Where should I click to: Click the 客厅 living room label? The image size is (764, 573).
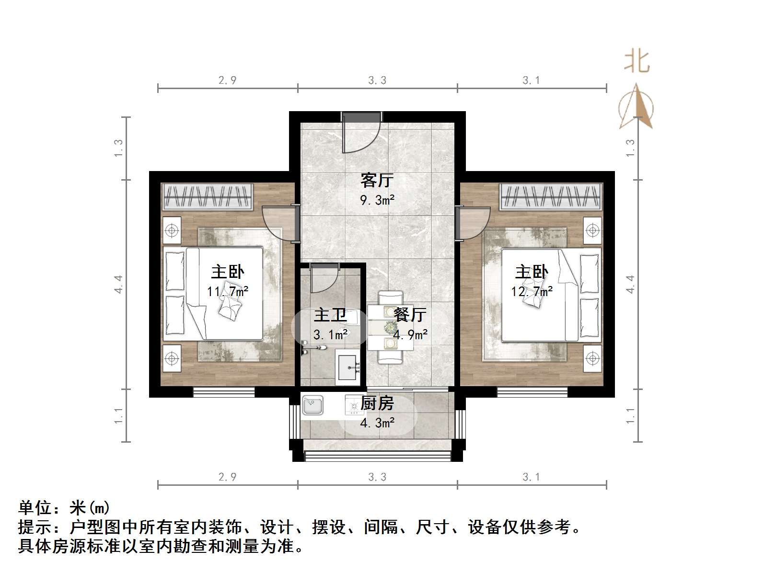pos(377,181)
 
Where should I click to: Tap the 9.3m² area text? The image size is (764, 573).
pos(377,200)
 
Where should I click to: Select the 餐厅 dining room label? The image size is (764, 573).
pos(410,315)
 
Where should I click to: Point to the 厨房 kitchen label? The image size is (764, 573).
pos(377,403)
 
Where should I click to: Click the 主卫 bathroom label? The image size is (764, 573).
pos(330,315)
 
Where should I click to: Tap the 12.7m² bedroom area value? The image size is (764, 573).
pos(532,291)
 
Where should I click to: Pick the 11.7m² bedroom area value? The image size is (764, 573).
pos(228,291)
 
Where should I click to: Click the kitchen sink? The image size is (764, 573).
pos(313,405)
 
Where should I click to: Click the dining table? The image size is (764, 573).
pos(391,328)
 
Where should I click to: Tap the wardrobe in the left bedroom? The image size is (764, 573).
pos(208,196)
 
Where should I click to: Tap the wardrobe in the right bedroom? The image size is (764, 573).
pos(551,196)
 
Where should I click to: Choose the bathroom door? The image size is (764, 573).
pos(324,278)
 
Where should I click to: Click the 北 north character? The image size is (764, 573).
pos(637,61)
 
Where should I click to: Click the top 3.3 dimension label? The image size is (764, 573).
pos(377,80)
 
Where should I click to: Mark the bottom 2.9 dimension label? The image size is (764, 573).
pos(228,477)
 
